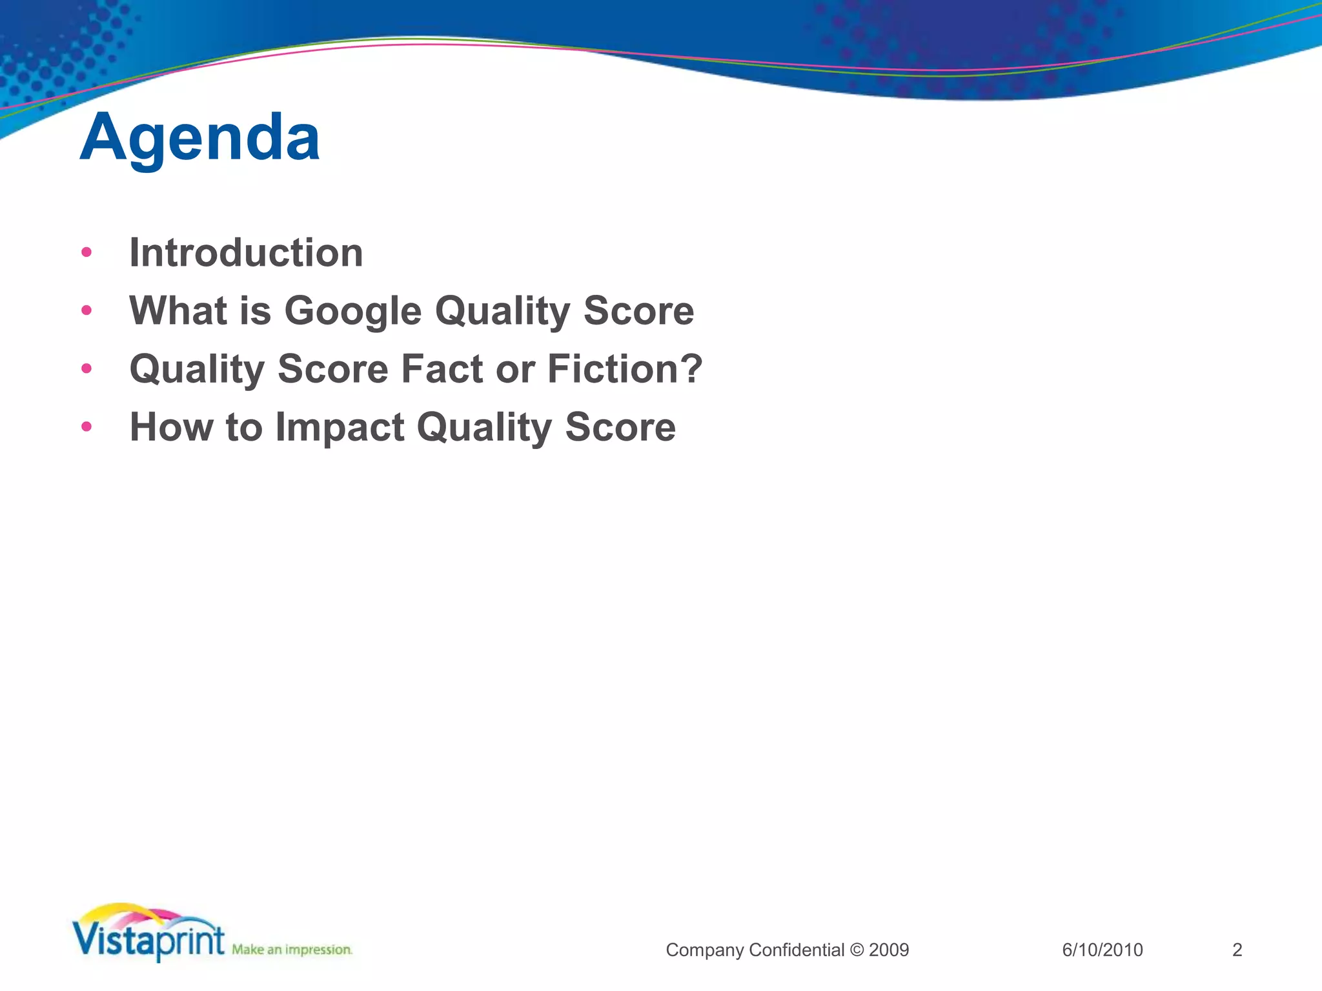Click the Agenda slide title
point(199,137)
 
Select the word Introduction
point(246,252)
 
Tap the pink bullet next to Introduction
point(86,252)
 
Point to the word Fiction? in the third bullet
point(624,369)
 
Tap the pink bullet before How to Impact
point(86,426)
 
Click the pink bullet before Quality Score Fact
point(86,368)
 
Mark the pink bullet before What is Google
point(86,310)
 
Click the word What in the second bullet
point(178,310)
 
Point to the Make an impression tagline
point(292,950)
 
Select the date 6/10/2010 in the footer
point(1103,950)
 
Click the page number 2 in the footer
point(1237,950)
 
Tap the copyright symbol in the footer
point(857,950)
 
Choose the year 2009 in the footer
point(889,950)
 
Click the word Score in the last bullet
point(620,427)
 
